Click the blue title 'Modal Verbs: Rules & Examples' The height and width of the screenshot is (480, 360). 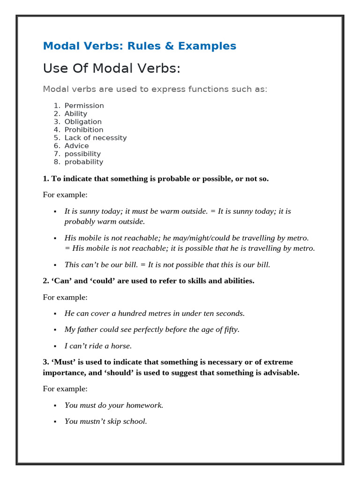[x=139, y=46]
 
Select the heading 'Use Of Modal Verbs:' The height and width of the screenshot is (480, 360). [x=112, y=68]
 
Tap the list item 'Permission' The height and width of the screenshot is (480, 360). [x=84, y=106]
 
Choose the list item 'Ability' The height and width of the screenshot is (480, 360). [x=75, y=114]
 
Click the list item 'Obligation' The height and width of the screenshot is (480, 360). [x=83, y=122]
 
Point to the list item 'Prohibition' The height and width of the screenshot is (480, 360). [x=84, y=130]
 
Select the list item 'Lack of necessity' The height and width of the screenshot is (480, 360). [x=96, y=138]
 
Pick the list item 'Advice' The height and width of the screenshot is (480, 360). [x=76, y=146]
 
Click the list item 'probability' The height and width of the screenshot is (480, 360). [x=83, y=162]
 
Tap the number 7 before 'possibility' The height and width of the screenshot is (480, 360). [x=56, y=154]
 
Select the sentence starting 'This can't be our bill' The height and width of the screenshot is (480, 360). [x=167, y=265]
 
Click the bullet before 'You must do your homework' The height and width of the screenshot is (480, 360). [x=55, y=405]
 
